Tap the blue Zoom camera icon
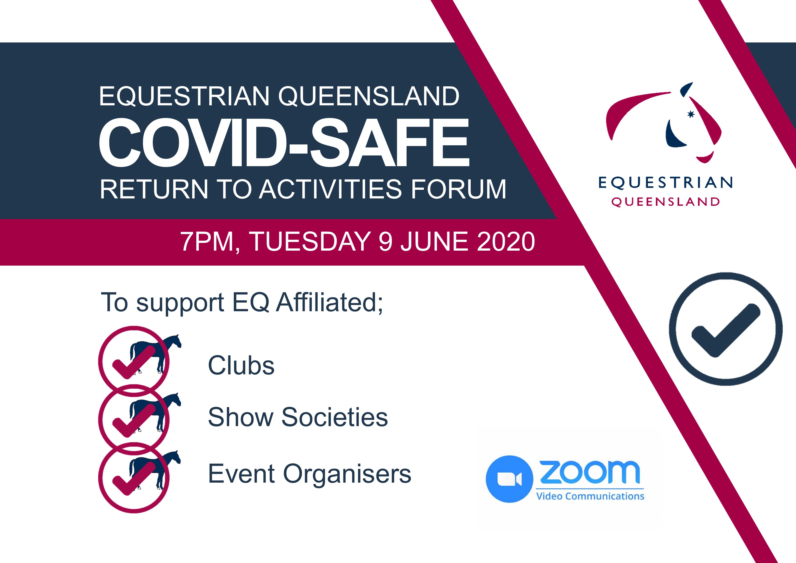(509, 479)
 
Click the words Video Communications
(590, 496)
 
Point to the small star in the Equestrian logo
(691, 114)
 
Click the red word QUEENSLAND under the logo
(665, 202)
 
